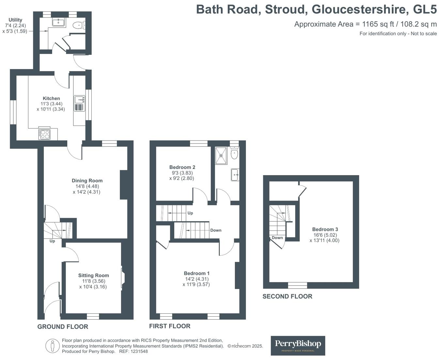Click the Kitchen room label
[51, 98]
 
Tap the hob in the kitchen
[44, 134]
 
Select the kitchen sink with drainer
[80, 103]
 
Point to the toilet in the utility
[79, 25]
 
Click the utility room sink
[58, 22]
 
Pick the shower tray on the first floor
[221, 156]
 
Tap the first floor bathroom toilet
[235, 153]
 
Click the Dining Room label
[87, 181]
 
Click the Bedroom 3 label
[325, 229]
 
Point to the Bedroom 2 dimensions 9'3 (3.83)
[182, 173]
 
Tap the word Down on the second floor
[277, 238]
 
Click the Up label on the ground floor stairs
[52, 241]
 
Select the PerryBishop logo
[298, 346]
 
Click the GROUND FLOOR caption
[63, 326]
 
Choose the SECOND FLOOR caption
[287, 296]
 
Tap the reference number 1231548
[139, 352]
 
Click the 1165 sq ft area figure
[378, 24]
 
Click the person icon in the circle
[52, 346]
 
